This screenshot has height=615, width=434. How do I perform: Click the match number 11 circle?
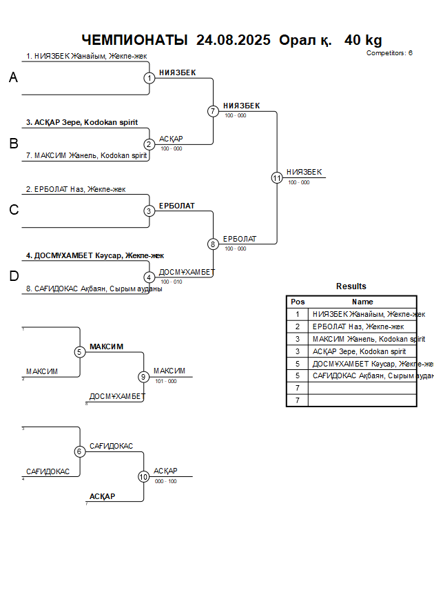tap(277, 177)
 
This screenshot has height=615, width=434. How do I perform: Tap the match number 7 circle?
tap(213, 111)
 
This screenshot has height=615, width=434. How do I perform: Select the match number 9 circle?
tap(143, 377)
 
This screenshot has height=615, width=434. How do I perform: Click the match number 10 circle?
tap(143, 476)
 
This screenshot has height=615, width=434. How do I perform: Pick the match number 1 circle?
tap(149, 78)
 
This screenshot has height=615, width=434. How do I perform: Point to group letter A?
tap(13, 79)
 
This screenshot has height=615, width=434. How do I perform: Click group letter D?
tap(14, 277)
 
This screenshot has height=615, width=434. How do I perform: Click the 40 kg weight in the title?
tap(363, 40)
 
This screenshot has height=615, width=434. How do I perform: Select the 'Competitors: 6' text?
tap(389, 53)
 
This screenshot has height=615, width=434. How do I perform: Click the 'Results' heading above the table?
tap(351, 286)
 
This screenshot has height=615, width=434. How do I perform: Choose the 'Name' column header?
tap(362, 302)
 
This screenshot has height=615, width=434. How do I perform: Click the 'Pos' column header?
tap(298, 302)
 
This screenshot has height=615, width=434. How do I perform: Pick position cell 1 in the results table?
tap(298, 314)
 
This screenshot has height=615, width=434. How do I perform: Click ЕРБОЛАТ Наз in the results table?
tap(358, 326)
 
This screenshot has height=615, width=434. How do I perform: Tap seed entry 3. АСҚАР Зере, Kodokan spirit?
tap(82, 123)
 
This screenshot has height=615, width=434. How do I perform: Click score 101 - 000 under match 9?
tap(165, 381)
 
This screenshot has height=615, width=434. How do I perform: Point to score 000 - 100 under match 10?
tap(165, 481)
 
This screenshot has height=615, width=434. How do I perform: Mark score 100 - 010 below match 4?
tap(171, 282)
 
